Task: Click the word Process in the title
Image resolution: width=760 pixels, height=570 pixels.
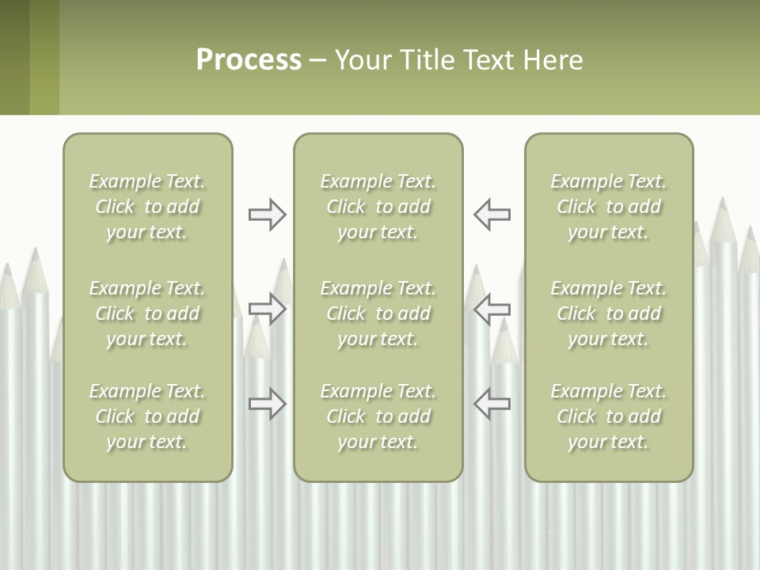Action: tap(249, 60)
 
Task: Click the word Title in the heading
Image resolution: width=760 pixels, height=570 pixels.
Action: tap(428, 60)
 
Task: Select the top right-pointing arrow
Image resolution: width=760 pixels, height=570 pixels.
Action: tap(268, 215)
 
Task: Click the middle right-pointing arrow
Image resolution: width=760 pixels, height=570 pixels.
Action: tap(268, 309)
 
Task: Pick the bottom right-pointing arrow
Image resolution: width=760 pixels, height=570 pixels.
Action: tap(268, 403)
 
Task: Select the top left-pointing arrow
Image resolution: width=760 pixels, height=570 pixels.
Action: tap(492, 215)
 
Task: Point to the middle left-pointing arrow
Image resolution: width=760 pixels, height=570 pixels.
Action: tap(492, 309)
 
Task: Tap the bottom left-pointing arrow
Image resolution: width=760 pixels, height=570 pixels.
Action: tap(492, 403)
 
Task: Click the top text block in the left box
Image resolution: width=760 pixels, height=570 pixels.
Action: tap(147, 207)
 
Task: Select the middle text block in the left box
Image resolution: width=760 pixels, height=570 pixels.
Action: tap(147, 313)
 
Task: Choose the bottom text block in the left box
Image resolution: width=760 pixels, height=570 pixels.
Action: tap(147, 416)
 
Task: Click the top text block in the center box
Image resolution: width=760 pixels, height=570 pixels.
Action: tap(378, 207)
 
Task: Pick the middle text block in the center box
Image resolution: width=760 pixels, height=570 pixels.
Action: tap(378, 313)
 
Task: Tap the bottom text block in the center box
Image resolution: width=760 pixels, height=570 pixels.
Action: tap(378, 416)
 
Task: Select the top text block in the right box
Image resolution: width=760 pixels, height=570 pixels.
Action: tap(609, 207)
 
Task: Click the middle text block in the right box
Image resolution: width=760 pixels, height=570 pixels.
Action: tap(609, 313)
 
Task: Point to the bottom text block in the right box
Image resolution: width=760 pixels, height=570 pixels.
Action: tap(609, 416)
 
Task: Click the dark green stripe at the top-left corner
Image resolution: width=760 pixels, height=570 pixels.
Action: tap(14, 57)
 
